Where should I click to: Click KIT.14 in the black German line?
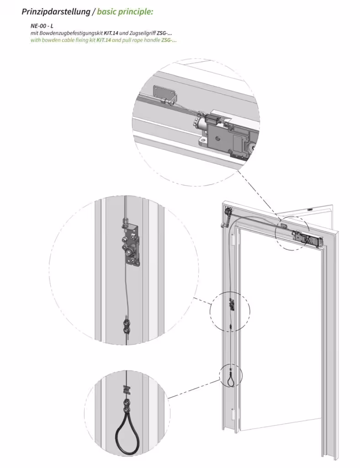click(x=111, y=33)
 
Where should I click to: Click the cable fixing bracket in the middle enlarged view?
click(x=132, y=245)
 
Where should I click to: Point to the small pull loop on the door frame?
click(x=232, y=379)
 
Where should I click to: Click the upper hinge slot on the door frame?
click(x=233, y=239)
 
